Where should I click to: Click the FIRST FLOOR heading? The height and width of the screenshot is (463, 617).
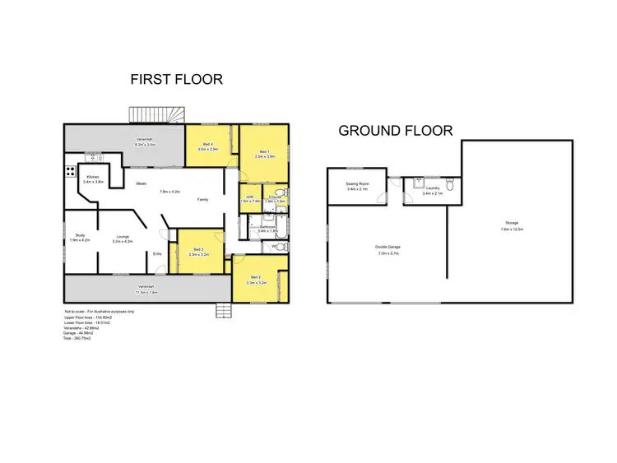(x=177, y=80)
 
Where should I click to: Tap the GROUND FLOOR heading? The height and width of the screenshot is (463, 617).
(x=396, y=130)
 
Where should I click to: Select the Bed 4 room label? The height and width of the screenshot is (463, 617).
(x=210, y=146)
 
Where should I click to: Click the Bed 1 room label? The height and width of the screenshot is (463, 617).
(x=264, y=152)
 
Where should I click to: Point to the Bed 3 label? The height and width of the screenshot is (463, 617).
(x=198, y=249)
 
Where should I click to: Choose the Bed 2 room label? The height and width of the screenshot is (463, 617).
(x=255, y=277)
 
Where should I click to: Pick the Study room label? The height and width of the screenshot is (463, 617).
(x=80, y=236)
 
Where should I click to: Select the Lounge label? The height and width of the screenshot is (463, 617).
(x=121, y=236)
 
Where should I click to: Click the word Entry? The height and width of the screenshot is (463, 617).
(x=157, y=253)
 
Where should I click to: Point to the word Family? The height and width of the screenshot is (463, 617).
(x=202, y=200)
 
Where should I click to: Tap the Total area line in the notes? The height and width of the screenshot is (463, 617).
(x=77, y=338)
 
